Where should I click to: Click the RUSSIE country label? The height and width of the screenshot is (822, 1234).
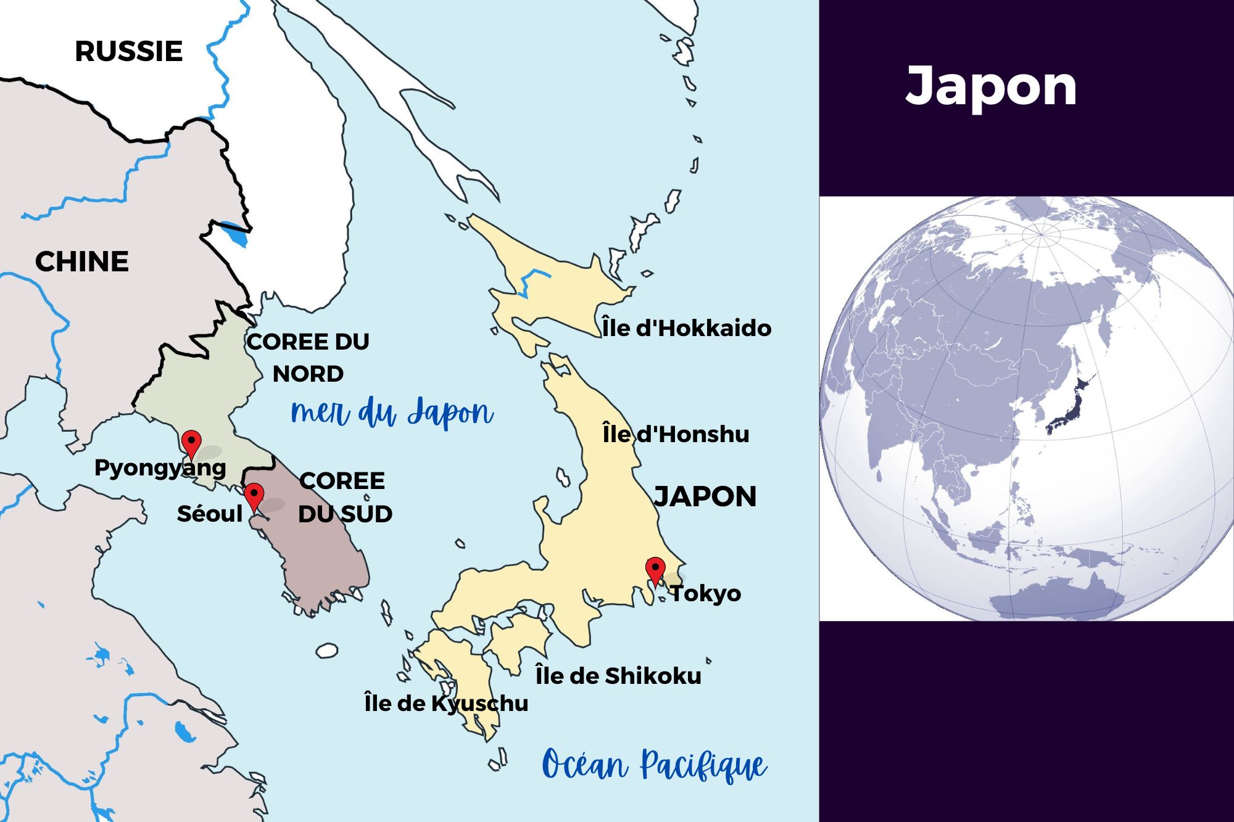[x=128, y=51]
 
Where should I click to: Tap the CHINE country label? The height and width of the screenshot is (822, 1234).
[x=82, y=261]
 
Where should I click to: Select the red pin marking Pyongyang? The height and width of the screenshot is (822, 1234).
[x=191, y=442]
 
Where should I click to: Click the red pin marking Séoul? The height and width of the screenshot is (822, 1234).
[x=254, y=495]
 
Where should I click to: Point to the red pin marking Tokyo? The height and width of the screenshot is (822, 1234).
[x=655, y=569]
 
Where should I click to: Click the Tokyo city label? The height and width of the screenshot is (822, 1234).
[x=706, y=593]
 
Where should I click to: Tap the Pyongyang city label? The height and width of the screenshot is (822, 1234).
[x=160, y=468]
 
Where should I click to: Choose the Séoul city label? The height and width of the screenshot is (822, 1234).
[x=210, y=514]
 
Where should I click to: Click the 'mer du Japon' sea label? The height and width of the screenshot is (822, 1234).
[x=392, y=413]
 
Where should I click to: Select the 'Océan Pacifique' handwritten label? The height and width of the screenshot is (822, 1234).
[x=654, y=765]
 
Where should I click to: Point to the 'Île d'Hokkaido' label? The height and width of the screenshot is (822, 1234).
[x=687, y=328]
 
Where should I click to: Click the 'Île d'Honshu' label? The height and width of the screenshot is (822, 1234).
[x=676, y=434]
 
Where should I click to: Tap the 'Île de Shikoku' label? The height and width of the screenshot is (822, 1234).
[x=618, y=676]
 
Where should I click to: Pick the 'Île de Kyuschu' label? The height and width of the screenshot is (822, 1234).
[x=446, y=703]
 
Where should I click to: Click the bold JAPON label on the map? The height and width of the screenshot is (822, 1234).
[x=705, y=497]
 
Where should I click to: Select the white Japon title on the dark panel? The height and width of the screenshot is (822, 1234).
[x=991, y=87]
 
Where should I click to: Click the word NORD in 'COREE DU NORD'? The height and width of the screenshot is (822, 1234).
[x=308, y=374]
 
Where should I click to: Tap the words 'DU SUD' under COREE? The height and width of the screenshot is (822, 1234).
[x=345, y=514]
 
